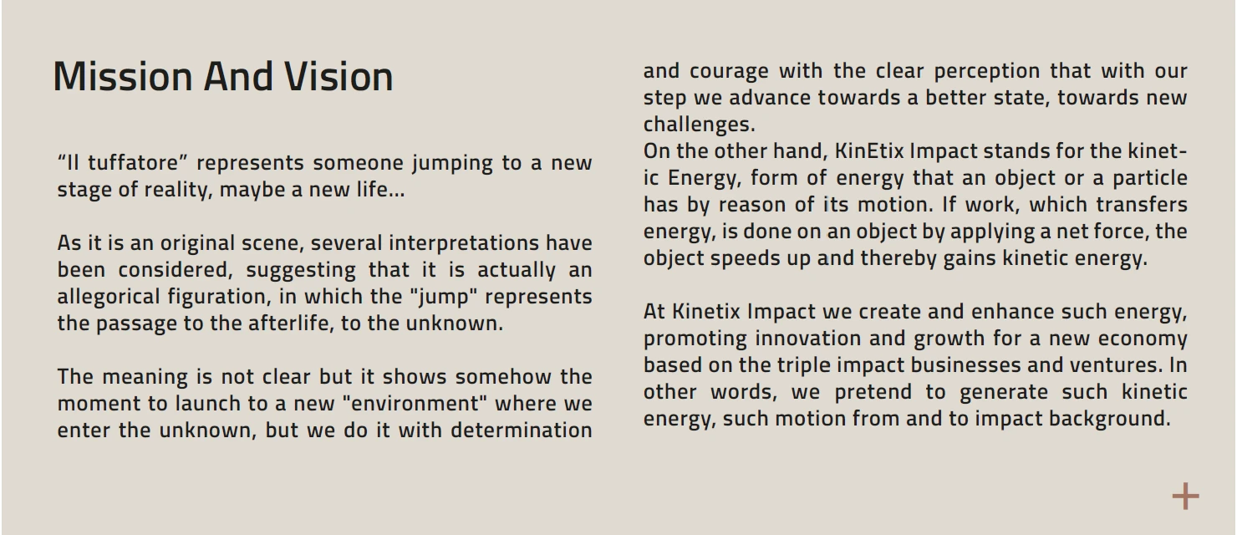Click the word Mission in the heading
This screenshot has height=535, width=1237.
[123, 76]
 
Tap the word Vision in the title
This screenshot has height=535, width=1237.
[339, 76]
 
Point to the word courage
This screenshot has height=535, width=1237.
[729, 71]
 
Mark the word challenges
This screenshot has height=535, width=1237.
[699, 125]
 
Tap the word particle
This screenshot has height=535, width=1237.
[1148, 178]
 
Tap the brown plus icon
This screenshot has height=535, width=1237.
[1185, 497]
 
